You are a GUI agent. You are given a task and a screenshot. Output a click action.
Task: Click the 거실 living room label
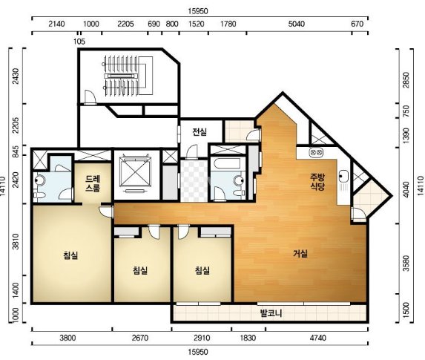(x=300, y=254)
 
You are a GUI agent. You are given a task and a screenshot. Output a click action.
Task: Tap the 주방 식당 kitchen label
(x=317, y=182)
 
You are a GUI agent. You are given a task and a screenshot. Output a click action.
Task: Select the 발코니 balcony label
(x=271, y=313)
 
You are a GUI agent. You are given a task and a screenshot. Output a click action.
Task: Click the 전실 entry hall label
(x=200, y=132)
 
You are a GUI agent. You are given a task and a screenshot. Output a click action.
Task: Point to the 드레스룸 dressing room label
(x=93, y=183)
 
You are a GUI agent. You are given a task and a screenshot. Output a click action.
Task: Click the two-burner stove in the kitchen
(x=316, y=152)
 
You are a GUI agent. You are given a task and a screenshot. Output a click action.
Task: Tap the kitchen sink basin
(x=343, y=176)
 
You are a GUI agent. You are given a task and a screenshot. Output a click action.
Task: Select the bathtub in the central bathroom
(x=227, y=163)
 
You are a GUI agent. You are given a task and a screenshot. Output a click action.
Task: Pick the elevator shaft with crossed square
(x=135, y=172)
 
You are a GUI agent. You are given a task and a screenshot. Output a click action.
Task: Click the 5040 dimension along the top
(x=296, y=24)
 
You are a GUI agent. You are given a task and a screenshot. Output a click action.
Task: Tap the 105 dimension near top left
(x=79, y=42)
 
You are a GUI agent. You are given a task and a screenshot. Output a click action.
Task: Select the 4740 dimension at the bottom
(x=317, y=338)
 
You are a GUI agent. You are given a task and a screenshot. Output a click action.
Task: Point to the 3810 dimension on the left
(x=16, y=242)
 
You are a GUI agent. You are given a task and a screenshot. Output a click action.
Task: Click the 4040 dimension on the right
(x=406, y=189)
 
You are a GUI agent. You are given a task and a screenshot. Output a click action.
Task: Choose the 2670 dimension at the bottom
(x=140, y=338)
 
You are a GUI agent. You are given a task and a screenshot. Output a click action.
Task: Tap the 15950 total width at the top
(x=198, y=11)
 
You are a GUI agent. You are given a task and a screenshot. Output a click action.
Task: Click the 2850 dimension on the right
(x=406, y=80)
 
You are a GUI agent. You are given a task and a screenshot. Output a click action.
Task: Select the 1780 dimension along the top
(x=228, y=24)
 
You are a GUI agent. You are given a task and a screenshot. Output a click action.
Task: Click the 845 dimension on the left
(x=16, y=151)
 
